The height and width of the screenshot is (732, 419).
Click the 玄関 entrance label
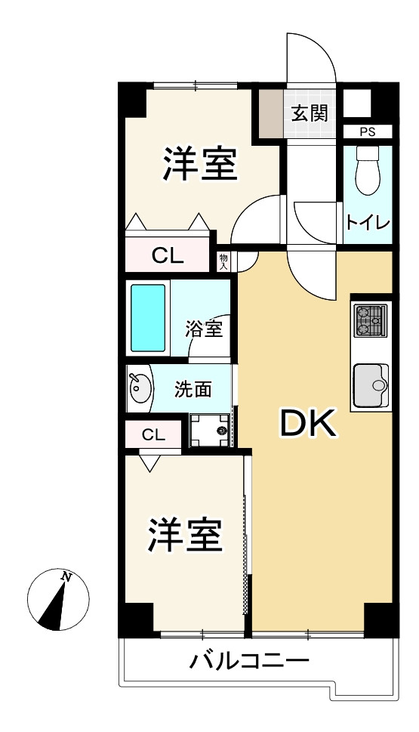[310, 113]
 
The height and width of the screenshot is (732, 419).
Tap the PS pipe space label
[367, 132]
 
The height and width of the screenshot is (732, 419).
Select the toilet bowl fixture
[368, 170]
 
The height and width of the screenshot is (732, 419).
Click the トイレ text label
[368, 223]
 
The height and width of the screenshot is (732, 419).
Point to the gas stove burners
[371, 320]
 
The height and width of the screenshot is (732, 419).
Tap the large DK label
[307, 423]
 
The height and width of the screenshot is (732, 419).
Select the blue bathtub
[148, 317]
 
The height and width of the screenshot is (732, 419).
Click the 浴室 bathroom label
[203, 329]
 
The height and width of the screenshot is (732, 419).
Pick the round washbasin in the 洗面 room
[140, 388]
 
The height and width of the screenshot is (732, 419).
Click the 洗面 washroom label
[193, 389]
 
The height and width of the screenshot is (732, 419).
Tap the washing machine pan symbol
[210, 430]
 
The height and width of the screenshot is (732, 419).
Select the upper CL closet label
[168, 255]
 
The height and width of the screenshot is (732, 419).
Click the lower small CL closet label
[153, 435]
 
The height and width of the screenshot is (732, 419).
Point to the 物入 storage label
[223, 262]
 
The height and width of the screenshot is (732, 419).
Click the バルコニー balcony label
[250, 660]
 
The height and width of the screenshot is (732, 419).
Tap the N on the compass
[66, 577]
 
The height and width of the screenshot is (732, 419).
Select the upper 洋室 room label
[201, 163]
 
